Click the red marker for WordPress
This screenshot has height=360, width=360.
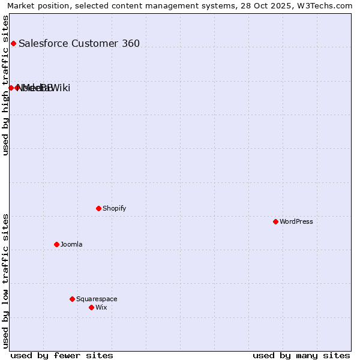click(275, 221)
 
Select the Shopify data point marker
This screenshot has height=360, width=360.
click(98, 208)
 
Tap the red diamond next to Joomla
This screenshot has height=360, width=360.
click(56, 244)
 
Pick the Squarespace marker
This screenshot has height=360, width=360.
click(72, 299)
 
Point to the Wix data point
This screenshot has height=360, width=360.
click(91, 307)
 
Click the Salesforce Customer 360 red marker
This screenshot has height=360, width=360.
click(13, 43)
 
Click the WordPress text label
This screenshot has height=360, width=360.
click(296, 221)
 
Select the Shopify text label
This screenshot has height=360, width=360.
click(114, 208)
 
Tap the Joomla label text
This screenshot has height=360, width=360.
click(71, 244)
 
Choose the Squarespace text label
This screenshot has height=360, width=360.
click(97, 299)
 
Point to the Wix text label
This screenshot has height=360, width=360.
click(101, 307)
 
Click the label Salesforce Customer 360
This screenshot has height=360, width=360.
click(79, 43)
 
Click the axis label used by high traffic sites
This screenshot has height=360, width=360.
click(6, 85)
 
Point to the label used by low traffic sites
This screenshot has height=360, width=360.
click(6, 281)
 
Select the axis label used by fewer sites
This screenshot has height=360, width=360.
click(62, 355)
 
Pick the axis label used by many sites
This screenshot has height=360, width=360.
click(301, 355)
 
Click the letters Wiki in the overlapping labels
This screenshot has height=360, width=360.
click(61, 88)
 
